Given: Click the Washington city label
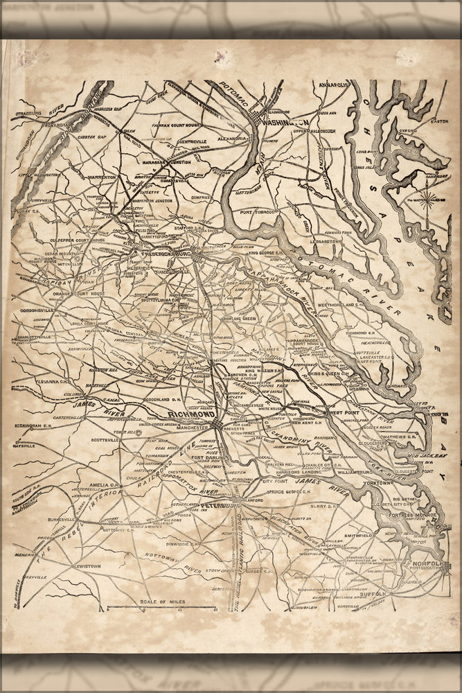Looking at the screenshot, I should point(286,121).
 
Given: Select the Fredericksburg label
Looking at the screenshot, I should point(160,254).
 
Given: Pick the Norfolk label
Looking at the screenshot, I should point(425,564).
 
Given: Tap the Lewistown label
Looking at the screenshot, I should point(82,566).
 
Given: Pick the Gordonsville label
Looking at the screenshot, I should point(34,310).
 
